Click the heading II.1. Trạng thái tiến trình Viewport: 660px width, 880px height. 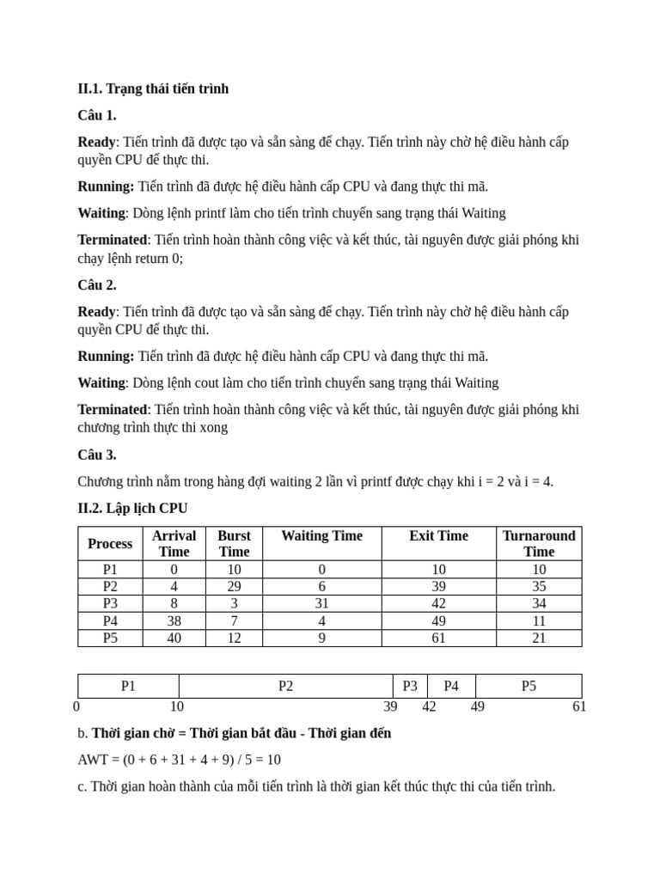(153, 89)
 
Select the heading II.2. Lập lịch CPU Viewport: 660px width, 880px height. (132, 508)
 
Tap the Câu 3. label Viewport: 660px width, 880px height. (97, 454)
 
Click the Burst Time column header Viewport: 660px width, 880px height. (234, 543)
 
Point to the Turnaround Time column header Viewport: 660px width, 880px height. (539, 543)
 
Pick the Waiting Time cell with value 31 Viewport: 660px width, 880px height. (322, 603)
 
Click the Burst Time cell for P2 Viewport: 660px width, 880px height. (234, 586)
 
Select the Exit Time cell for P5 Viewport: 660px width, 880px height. (438, 638)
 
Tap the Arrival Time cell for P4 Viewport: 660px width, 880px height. (174, 620)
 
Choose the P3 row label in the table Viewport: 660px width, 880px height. (110, 603)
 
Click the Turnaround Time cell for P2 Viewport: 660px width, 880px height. (539, 586)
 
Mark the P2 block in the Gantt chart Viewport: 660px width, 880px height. (286, 686)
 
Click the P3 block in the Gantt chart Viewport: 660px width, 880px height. (410, 686)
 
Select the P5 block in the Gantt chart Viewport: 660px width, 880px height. (529, 686)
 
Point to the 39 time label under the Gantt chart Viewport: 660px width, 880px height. (390, 706)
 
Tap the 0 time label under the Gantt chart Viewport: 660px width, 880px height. (76, 706)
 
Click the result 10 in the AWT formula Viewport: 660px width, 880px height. (273, 760)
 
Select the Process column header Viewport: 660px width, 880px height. (110, 543)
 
